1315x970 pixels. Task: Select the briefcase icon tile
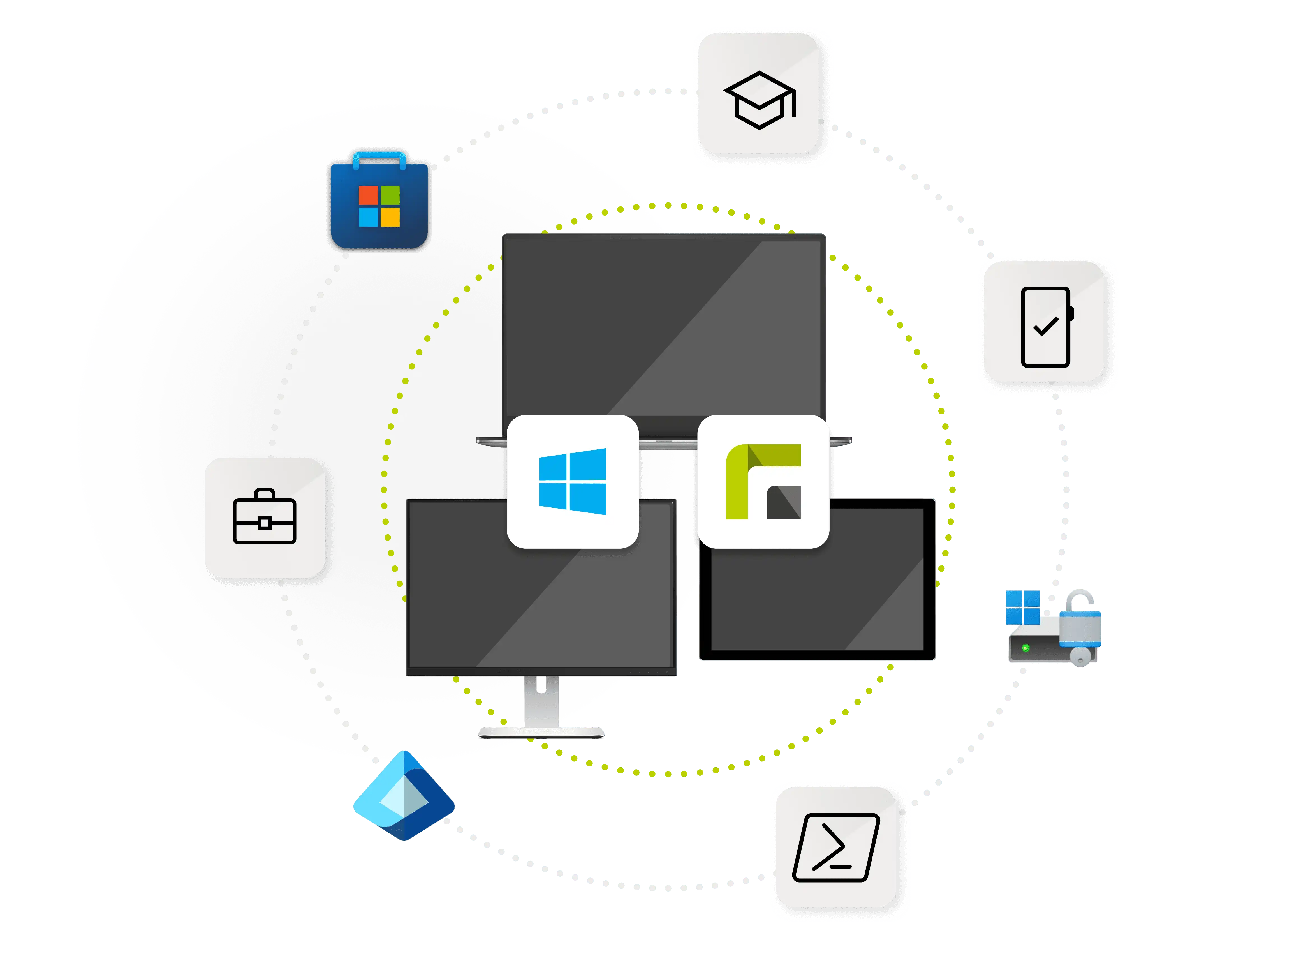click(x=265, y=517)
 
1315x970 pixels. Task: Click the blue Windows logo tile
click(x=572, y=481)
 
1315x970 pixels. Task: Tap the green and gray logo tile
click(x=763, y=481)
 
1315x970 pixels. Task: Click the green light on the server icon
click(x=1025, y=648)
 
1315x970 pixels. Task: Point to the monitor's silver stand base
click(x=541, y=732)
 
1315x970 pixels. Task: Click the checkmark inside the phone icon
click(x=1046, y=327)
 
